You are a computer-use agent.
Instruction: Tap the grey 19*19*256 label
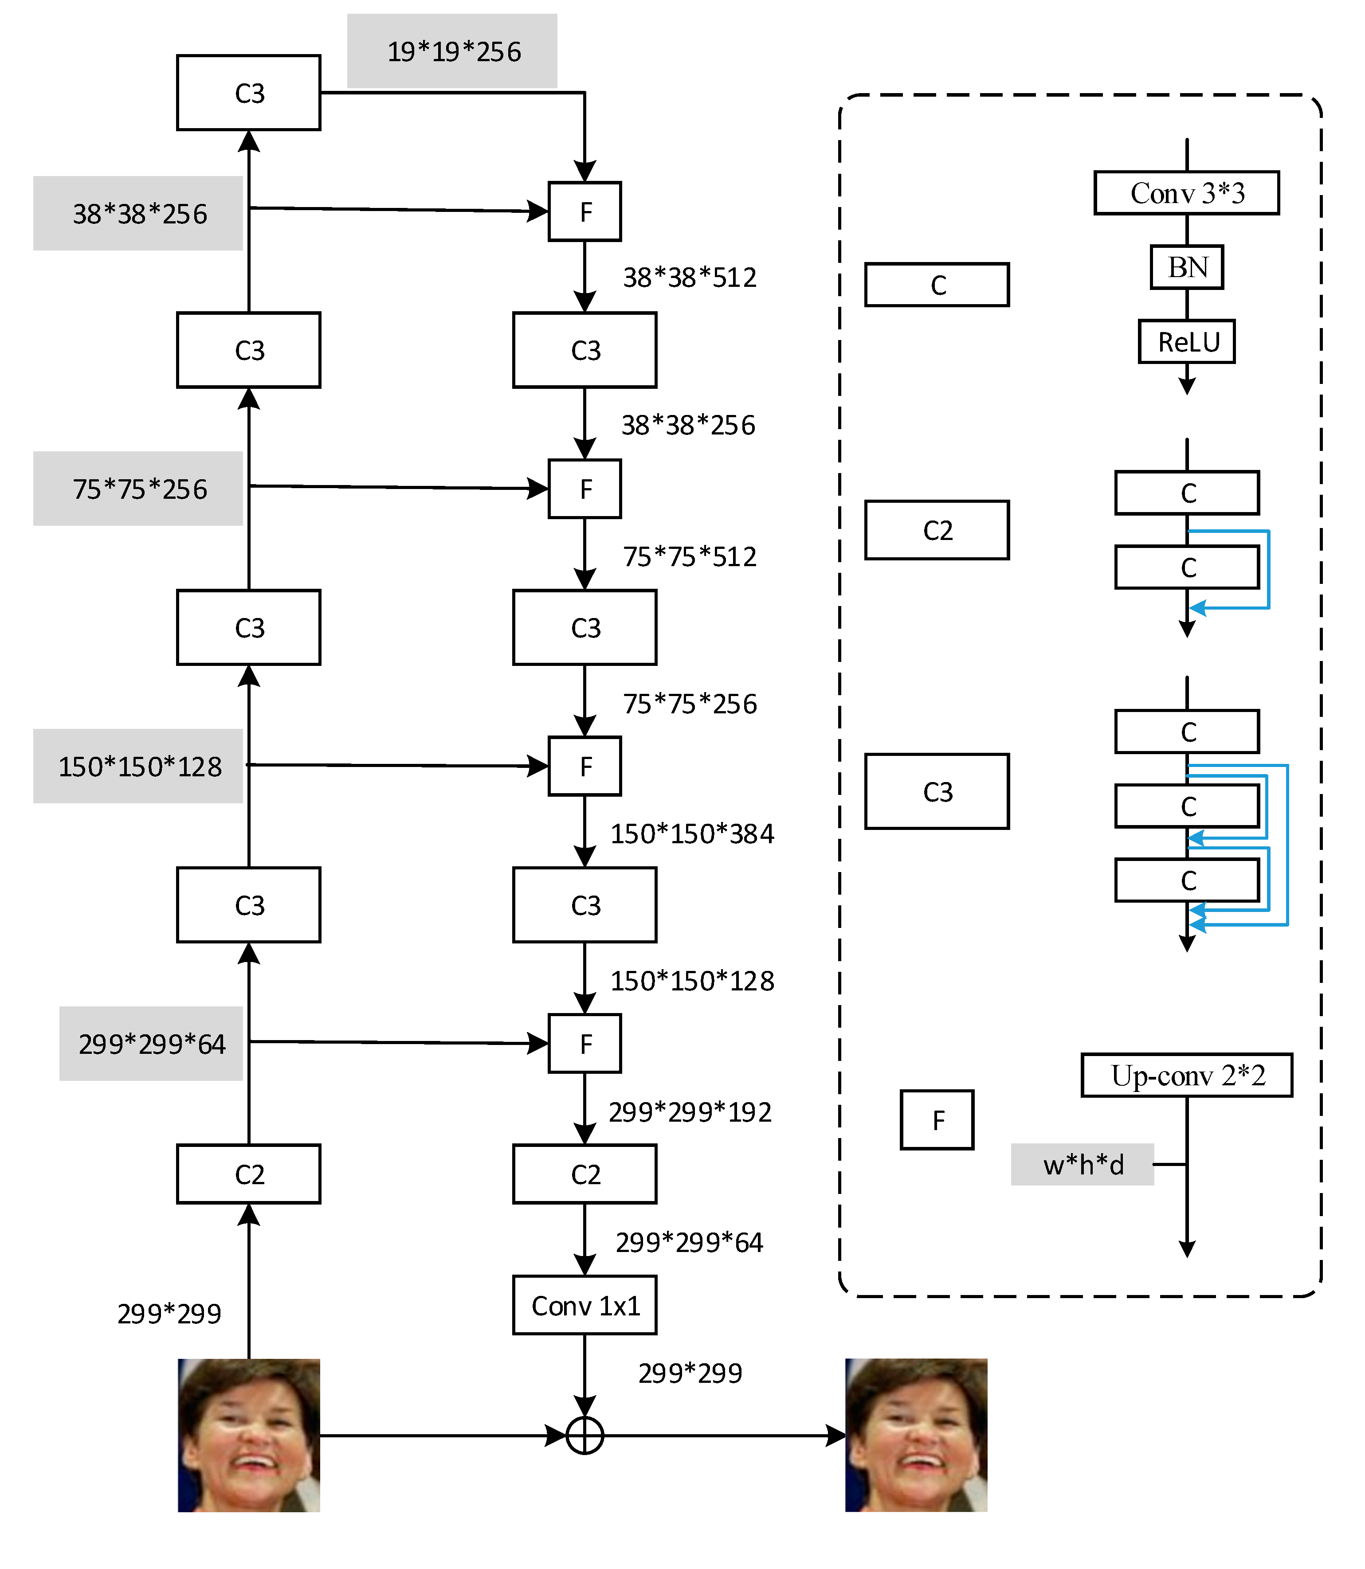point(452,51)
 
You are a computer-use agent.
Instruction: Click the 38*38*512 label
point(689,277)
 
